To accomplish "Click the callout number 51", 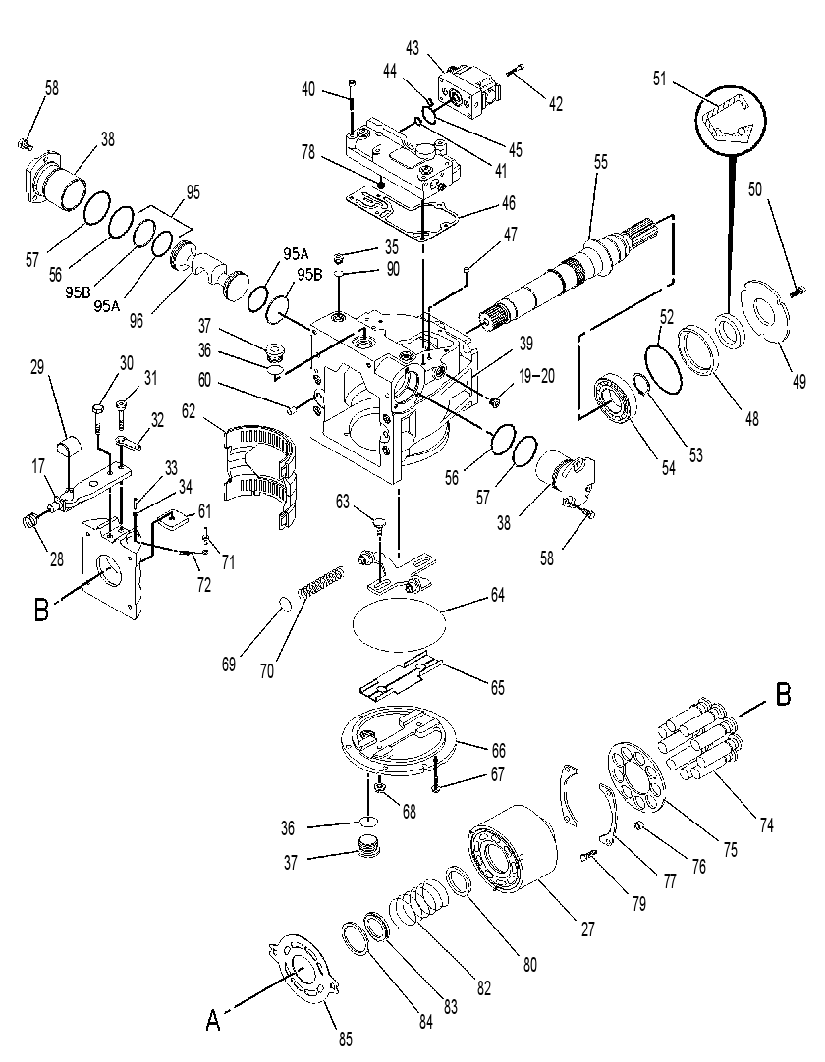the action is [660, 79].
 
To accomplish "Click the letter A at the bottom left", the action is [213, 1020].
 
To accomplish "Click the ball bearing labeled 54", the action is [614, 402].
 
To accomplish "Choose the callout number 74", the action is [765, 824].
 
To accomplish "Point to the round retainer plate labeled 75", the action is [637, 776].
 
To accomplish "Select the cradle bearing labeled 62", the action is [261, 472].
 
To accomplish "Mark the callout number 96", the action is [137, 319].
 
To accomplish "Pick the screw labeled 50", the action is [798, 291].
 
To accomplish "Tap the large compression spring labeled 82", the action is [417, 906].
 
